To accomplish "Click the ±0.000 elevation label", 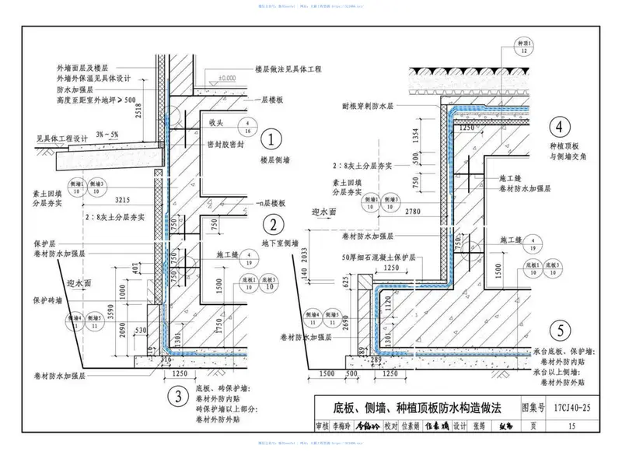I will (x=226, y=78).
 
